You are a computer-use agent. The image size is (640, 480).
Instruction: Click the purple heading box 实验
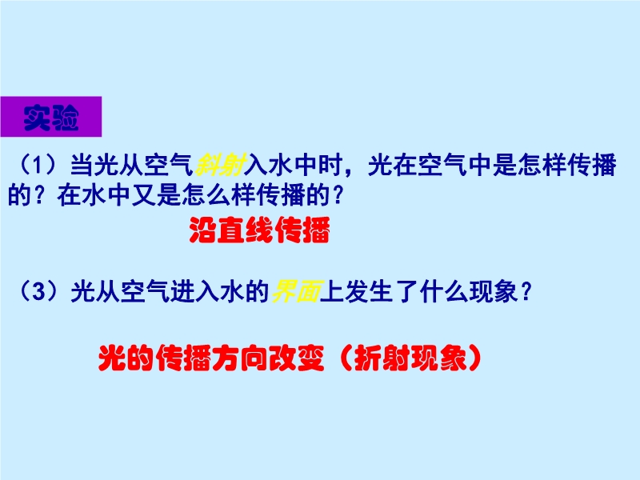tap(51, 117)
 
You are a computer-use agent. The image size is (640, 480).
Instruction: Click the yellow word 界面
tap(296, 291)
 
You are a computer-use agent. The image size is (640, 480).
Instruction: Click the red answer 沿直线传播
tap(259, 230)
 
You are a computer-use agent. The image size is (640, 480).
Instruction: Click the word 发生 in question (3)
tap(369, 291)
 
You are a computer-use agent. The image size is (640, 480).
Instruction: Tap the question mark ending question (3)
tap(526, 291)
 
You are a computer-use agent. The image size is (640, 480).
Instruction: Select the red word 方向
tap(240, 358)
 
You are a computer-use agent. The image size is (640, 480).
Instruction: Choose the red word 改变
tap(296, 358)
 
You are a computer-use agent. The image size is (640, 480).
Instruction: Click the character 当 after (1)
tap(82, 165)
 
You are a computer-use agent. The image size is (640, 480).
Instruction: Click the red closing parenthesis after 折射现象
tap(474, 358)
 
